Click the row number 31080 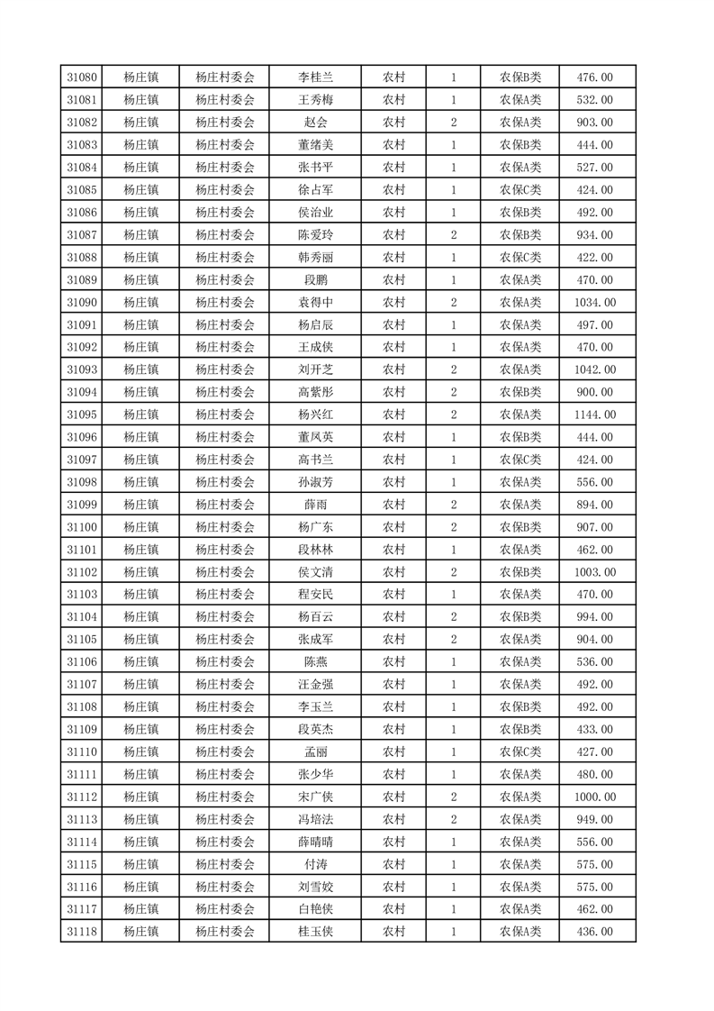point(82,77)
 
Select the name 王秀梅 point(315,100)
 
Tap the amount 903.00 point(594,123)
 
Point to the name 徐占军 point(315,190)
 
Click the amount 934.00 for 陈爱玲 point(594,235)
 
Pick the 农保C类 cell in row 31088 point(520,258)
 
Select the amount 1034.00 point(594,303)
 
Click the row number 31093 point(82,369)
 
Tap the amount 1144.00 point(594,414)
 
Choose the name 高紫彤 point(315,392)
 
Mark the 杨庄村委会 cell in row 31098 point(225,482)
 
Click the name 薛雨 point(315,505)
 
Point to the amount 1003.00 point(594,572)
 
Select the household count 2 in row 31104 point(453,617)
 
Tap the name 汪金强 point(315,684)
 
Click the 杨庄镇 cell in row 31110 point(141,751)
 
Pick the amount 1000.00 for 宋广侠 point(594,797)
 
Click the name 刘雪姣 point(315,887)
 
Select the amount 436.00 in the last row point(594,932)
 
